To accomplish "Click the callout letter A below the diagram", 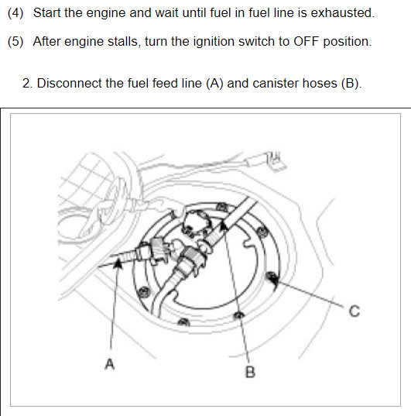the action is [109, 364].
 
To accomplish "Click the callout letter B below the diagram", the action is [250, 372].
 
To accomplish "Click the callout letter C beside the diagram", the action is [354, 311].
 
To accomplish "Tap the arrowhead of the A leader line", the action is [118, 263].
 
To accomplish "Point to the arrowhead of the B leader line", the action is [224, 226].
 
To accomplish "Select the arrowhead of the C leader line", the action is [273, 279].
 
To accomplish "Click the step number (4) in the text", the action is [15, 12].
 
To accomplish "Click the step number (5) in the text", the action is [15, 41].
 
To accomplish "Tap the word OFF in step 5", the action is [306, 41].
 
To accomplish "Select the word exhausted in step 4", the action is [343, 12].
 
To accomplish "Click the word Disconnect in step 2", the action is [69, 83].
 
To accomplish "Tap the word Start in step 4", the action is [47, 12].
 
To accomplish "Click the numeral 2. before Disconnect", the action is [27, 84].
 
